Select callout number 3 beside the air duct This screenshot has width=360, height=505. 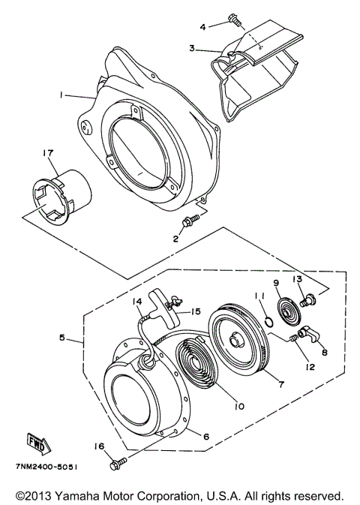tap(192, 48)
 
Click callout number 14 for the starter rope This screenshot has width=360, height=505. tap(138, 303)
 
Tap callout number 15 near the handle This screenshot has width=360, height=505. tap(196, 311)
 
